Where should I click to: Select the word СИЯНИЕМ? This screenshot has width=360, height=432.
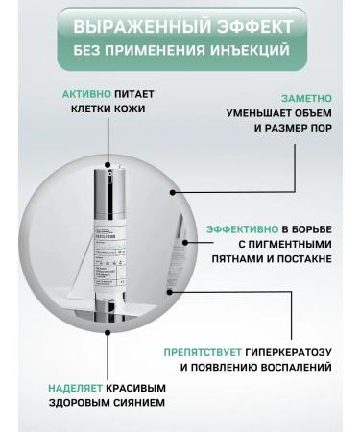point(136,403)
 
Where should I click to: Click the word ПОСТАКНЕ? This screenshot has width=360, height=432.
point(307,259)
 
